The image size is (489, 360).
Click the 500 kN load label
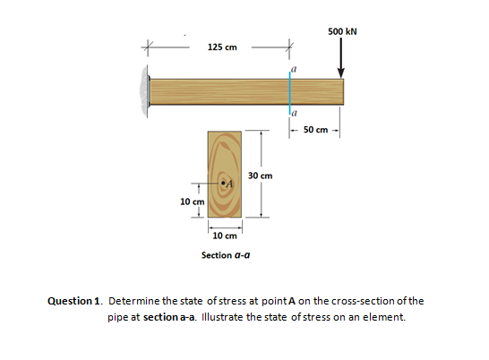point(342,31)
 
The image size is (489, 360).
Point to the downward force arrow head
point(341,73)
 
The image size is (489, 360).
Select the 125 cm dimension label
point(222,47)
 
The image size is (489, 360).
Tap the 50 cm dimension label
point(315,130)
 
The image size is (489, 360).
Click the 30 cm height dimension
point(260,176)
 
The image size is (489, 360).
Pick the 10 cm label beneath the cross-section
point(225,236)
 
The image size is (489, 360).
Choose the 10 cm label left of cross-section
point(192,201)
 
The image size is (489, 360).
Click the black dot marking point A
point(223,183)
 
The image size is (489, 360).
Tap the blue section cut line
point(289,92)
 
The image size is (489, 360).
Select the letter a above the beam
point(294,69)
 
